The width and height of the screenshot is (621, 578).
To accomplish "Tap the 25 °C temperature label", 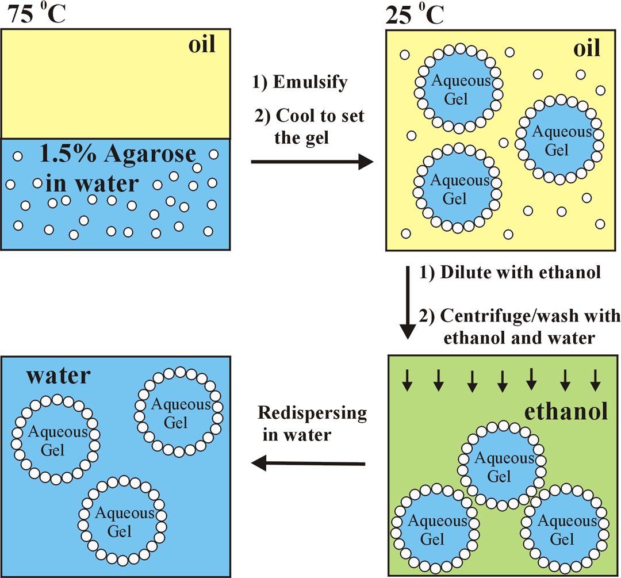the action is click(415, 15).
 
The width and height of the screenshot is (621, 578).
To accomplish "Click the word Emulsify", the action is click(310, 82).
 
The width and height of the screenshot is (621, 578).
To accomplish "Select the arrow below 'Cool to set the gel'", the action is click(312, 162).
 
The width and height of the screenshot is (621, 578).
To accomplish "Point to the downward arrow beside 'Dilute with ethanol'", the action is click(408, 303).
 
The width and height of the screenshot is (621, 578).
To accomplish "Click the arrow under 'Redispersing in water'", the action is click(308, 463).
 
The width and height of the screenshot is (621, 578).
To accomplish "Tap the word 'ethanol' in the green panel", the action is click(566, 411).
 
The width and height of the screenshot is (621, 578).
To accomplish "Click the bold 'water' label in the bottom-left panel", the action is click(58, 376).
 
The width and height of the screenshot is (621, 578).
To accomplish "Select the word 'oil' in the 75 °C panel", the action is click(202, 44).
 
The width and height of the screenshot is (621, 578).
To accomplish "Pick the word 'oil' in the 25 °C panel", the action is click(587, 48).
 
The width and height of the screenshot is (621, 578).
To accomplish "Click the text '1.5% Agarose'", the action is click(118, 154).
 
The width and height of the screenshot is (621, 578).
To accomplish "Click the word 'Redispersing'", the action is click(312, 413).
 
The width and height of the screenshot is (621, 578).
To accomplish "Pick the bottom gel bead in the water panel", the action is click(122, 521).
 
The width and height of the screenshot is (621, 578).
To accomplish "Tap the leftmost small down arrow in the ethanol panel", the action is click(407, 380).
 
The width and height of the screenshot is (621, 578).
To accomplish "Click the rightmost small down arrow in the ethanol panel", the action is click(595, 380).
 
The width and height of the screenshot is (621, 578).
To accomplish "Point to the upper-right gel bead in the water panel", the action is click(179, 412).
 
